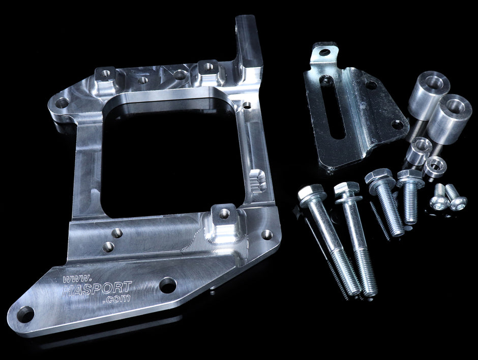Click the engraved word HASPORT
[97, 288]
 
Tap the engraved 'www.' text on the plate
[77, 278]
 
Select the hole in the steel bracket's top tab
[324, 53]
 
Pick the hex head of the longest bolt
[310, 196]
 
